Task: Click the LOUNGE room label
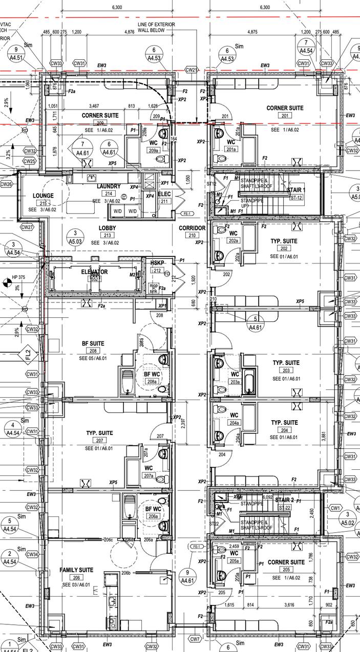(x=43, y=195)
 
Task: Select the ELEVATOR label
(x=95, y=272)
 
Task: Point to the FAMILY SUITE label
(x=76, y=570)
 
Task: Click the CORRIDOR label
(x=192, y=228)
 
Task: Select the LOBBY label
(x=107, y=228)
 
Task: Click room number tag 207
(x=100, y=441)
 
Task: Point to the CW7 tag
(x=195, y=639)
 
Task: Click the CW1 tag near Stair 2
(x=335, y=508)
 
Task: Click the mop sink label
(x=154, y=289)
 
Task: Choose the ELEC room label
(x=164, y=194)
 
